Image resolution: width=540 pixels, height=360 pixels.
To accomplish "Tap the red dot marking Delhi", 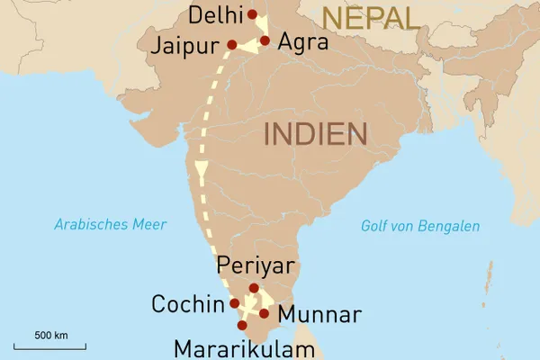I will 252,14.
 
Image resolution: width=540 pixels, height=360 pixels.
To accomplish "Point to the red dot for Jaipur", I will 232,44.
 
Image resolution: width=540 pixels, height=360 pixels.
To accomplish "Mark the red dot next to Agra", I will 265,40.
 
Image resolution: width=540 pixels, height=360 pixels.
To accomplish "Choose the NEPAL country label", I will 370,17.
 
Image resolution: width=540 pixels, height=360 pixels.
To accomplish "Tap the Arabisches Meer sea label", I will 110,224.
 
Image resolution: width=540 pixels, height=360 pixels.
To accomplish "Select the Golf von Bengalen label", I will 419,226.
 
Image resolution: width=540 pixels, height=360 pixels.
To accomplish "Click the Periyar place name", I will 256,267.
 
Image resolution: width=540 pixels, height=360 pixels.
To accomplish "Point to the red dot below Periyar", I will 254,289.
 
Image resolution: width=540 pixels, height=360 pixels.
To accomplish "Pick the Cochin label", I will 186,303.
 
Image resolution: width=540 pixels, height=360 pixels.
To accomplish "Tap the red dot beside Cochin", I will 235,303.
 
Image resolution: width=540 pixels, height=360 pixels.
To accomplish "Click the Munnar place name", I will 319,315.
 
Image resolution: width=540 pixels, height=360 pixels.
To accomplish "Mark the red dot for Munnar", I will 264,313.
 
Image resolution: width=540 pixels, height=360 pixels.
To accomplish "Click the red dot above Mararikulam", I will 242,325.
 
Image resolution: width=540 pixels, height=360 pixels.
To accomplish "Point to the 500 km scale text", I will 51,335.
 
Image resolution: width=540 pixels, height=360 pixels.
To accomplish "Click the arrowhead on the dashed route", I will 202,170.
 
